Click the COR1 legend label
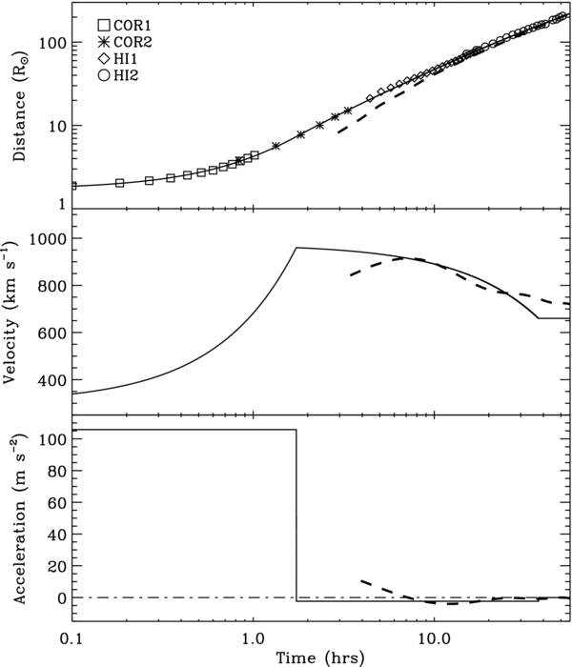pos(129,24)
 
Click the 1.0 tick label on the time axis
pos(253,636)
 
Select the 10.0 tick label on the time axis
pos(434,636)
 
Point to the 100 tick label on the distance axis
pos(50,43)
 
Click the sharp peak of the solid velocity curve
pos(296,248)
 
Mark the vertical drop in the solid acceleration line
pos(296,515)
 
